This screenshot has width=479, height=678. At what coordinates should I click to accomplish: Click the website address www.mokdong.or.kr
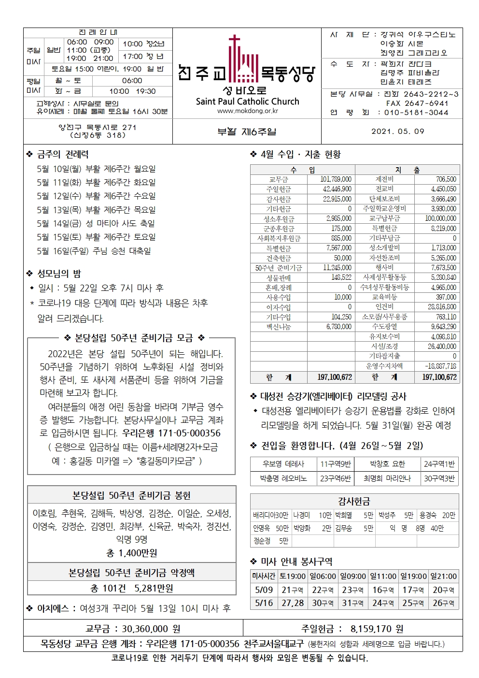coord(247,111)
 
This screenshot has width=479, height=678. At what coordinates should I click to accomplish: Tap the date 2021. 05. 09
coord(397,131)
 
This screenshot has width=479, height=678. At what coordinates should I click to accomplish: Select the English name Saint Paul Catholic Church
coord(247,101)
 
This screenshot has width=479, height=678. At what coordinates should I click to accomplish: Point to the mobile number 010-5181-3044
coord(416,113)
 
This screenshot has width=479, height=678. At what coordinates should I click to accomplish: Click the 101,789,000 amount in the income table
coord(336,179)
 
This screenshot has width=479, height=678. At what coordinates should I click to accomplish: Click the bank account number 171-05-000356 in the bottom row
coord(210,644)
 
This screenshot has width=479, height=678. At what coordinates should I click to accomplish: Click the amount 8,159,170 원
coord(377,629)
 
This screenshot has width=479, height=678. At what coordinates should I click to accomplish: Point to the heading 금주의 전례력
coord(63,155)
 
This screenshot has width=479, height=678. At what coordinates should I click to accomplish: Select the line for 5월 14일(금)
coord(96,223)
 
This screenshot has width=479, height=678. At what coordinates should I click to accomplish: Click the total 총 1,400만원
coord(131,553)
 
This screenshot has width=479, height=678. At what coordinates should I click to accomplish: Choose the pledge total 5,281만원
coord(153,588)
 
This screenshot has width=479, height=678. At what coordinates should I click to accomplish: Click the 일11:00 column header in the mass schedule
coord(383,576)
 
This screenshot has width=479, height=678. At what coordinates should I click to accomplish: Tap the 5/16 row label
coord(264,603)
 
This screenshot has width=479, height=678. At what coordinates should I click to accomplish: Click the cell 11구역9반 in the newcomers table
coord(336,464)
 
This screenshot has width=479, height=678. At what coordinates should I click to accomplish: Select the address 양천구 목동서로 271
coord(98,128)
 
